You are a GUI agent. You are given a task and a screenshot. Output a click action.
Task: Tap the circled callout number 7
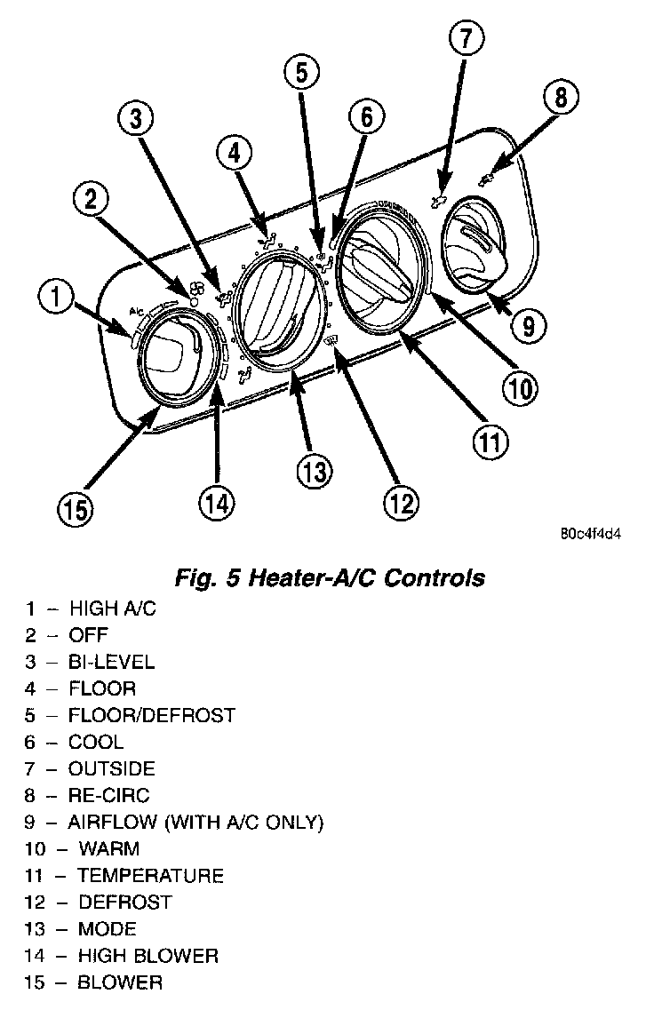point(467,39)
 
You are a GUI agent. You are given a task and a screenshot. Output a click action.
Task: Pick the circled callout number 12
point(400,503)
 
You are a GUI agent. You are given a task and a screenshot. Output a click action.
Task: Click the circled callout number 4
point(234,154)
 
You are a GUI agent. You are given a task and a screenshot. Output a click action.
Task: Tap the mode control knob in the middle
point(276,310)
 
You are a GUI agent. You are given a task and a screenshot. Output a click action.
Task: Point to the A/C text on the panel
point(137,311)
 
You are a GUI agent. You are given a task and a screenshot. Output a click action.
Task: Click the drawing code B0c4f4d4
point(590,536)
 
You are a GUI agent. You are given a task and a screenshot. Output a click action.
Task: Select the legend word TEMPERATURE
point(150,876)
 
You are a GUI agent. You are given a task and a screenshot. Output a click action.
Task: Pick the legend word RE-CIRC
point(109,795)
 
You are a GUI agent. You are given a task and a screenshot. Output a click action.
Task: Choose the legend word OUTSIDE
point(111,768)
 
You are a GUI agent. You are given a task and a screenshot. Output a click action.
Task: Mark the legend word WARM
point(109,849)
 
